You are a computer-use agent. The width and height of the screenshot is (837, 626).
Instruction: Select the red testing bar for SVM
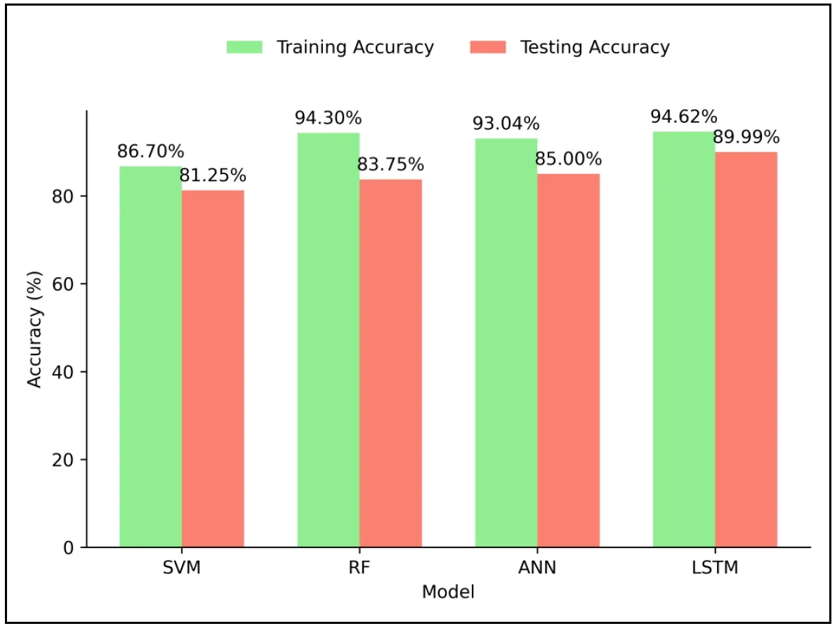click(x=213, y=368)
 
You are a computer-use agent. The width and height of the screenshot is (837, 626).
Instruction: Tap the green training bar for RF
click(x=328, y=340)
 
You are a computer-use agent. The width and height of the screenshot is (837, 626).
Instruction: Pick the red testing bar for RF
click(x=390, y=363)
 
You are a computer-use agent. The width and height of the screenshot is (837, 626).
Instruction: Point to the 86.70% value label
click(x=150, y=151)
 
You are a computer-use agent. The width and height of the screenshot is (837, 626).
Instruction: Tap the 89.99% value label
click(x=746, y=137)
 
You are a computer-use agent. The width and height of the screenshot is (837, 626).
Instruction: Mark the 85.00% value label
click(x=568, y=159)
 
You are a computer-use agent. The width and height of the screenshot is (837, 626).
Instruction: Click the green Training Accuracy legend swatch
click(x=244, y=47)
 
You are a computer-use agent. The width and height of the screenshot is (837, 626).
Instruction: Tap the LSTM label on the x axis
click(x=715, y=568)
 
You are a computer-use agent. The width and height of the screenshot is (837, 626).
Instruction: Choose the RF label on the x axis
click(x=360, y=568)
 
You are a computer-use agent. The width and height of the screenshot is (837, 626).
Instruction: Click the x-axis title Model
click(x=448, y=592)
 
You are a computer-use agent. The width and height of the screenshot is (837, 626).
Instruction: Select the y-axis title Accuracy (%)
click(x=35, y=328)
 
